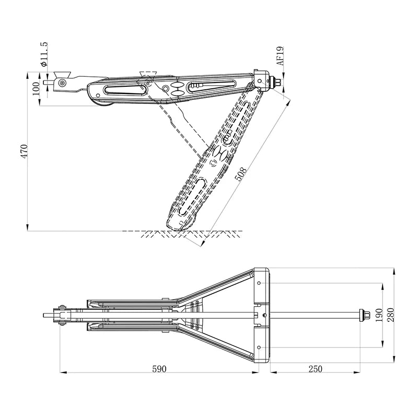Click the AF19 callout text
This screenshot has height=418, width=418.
[x=280, y=55]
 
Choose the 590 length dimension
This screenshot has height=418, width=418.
[x=159, y=368]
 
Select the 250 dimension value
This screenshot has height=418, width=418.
[x=315, y=368]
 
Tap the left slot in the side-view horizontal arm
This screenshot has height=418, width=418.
[x=124, y=90]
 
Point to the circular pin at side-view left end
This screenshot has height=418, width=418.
[x=63, y=83]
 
